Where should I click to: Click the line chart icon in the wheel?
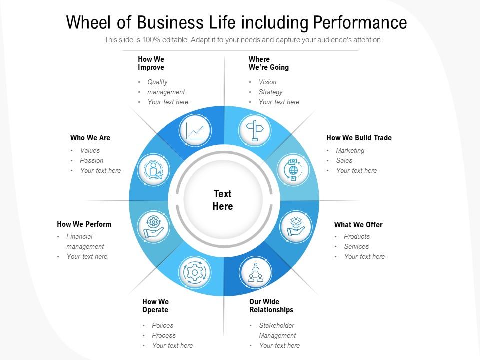coord(195,131)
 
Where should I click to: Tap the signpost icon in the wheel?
coord(254,130)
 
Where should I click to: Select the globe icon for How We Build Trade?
coord(293,170)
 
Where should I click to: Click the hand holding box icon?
coord(295,227)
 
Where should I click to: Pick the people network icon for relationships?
coord(256,272)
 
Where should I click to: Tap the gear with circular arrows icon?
coord(195,272)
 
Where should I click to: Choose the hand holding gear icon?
coord(153,227)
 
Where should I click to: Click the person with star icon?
coord(153,170)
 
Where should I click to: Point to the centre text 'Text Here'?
coord(223,200)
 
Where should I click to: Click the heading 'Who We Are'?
coord(90,138)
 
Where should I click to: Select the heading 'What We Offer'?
coord(358,225)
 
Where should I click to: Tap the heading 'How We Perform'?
coord(84,224)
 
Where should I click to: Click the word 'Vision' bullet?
coord(267,82)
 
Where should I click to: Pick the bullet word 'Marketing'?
coord(350,150)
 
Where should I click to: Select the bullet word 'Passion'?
coord(92,160)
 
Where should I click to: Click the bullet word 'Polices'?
coord(163,325)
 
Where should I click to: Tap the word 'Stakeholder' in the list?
coord(276,325)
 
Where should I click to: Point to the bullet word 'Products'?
coord(357,236)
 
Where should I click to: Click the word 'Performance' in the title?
coord(360,22)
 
